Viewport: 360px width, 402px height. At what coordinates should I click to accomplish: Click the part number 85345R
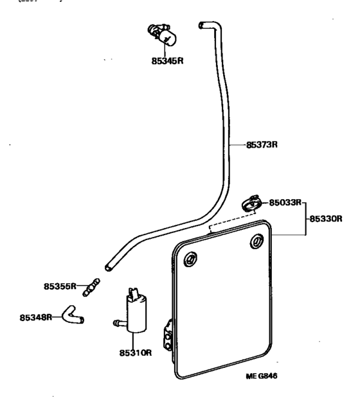[x=164, y=63]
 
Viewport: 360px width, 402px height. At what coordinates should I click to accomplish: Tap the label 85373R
[x=262, y=144]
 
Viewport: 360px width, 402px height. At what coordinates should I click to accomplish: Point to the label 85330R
[x=326, y=218]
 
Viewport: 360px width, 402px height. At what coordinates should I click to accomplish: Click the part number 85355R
[x=60, y=286]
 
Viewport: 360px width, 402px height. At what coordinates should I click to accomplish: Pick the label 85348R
[x=36, y=317]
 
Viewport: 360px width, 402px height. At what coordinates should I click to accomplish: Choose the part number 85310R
[x=134, y=353]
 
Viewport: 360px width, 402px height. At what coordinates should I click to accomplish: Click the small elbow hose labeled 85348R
[x=71, y=315]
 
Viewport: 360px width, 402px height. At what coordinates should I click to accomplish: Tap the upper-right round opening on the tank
[x=256, y=242]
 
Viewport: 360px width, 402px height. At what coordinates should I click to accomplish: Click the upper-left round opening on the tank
[x=191, y=259]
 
